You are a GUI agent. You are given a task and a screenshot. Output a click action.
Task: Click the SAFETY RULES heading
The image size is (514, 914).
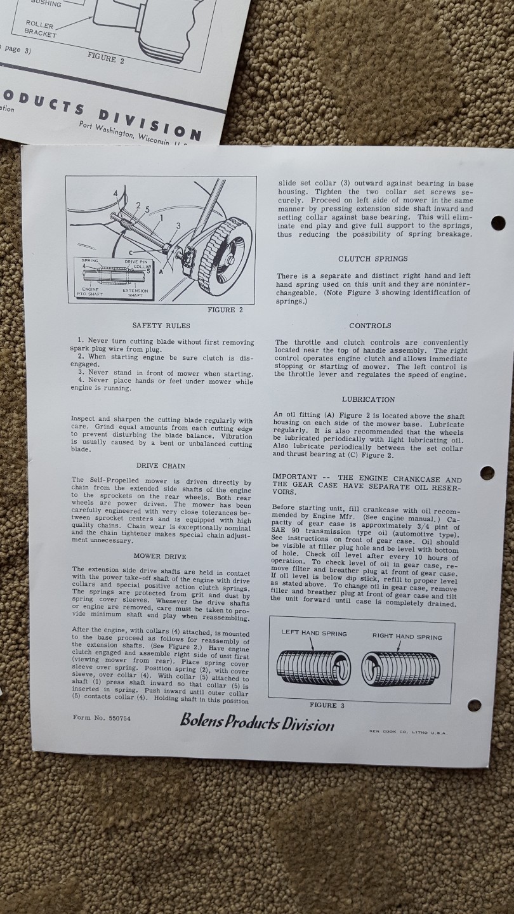161,325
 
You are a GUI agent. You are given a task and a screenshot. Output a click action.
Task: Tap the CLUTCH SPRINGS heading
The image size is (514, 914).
372,258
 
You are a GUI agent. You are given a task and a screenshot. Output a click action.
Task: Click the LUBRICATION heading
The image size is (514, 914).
368,399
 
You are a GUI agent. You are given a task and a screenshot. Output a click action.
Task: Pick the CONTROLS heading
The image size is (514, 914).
370,326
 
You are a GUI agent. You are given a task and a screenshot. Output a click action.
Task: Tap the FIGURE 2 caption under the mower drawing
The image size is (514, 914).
225,310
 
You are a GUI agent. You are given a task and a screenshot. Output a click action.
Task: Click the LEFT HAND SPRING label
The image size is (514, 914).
314,633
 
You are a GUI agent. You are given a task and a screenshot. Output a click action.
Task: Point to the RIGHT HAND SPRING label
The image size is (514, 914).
407,636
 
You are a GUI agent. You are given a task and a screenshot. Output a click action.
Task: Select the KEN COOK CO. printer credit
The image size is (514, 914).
408,731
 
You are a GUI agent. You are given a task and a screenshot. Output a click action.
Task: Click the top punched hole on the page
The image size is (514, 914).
498,223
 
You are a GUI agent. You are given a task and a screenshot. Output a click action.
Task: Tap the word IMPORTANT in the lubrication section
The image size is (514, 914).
294,477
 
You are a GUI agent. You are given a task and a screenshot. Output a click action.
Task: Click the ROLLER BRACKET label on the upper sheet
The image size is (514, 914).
41,29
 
